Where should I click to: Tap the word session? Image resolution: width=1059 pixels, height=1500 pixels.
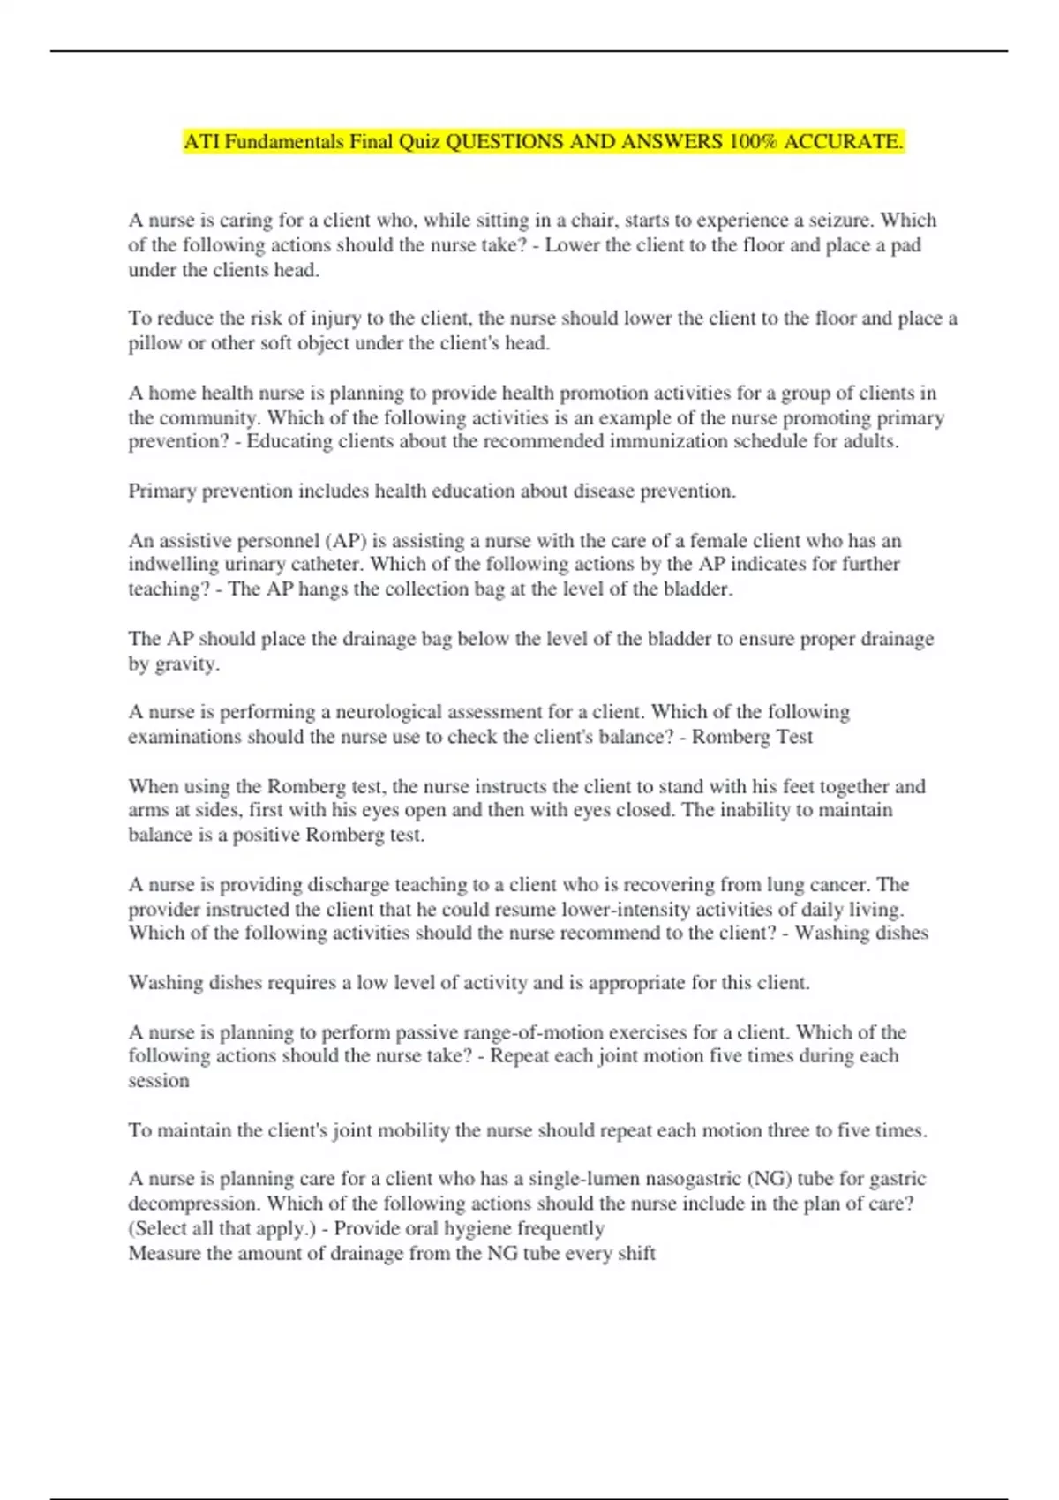pos(159,1081)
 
